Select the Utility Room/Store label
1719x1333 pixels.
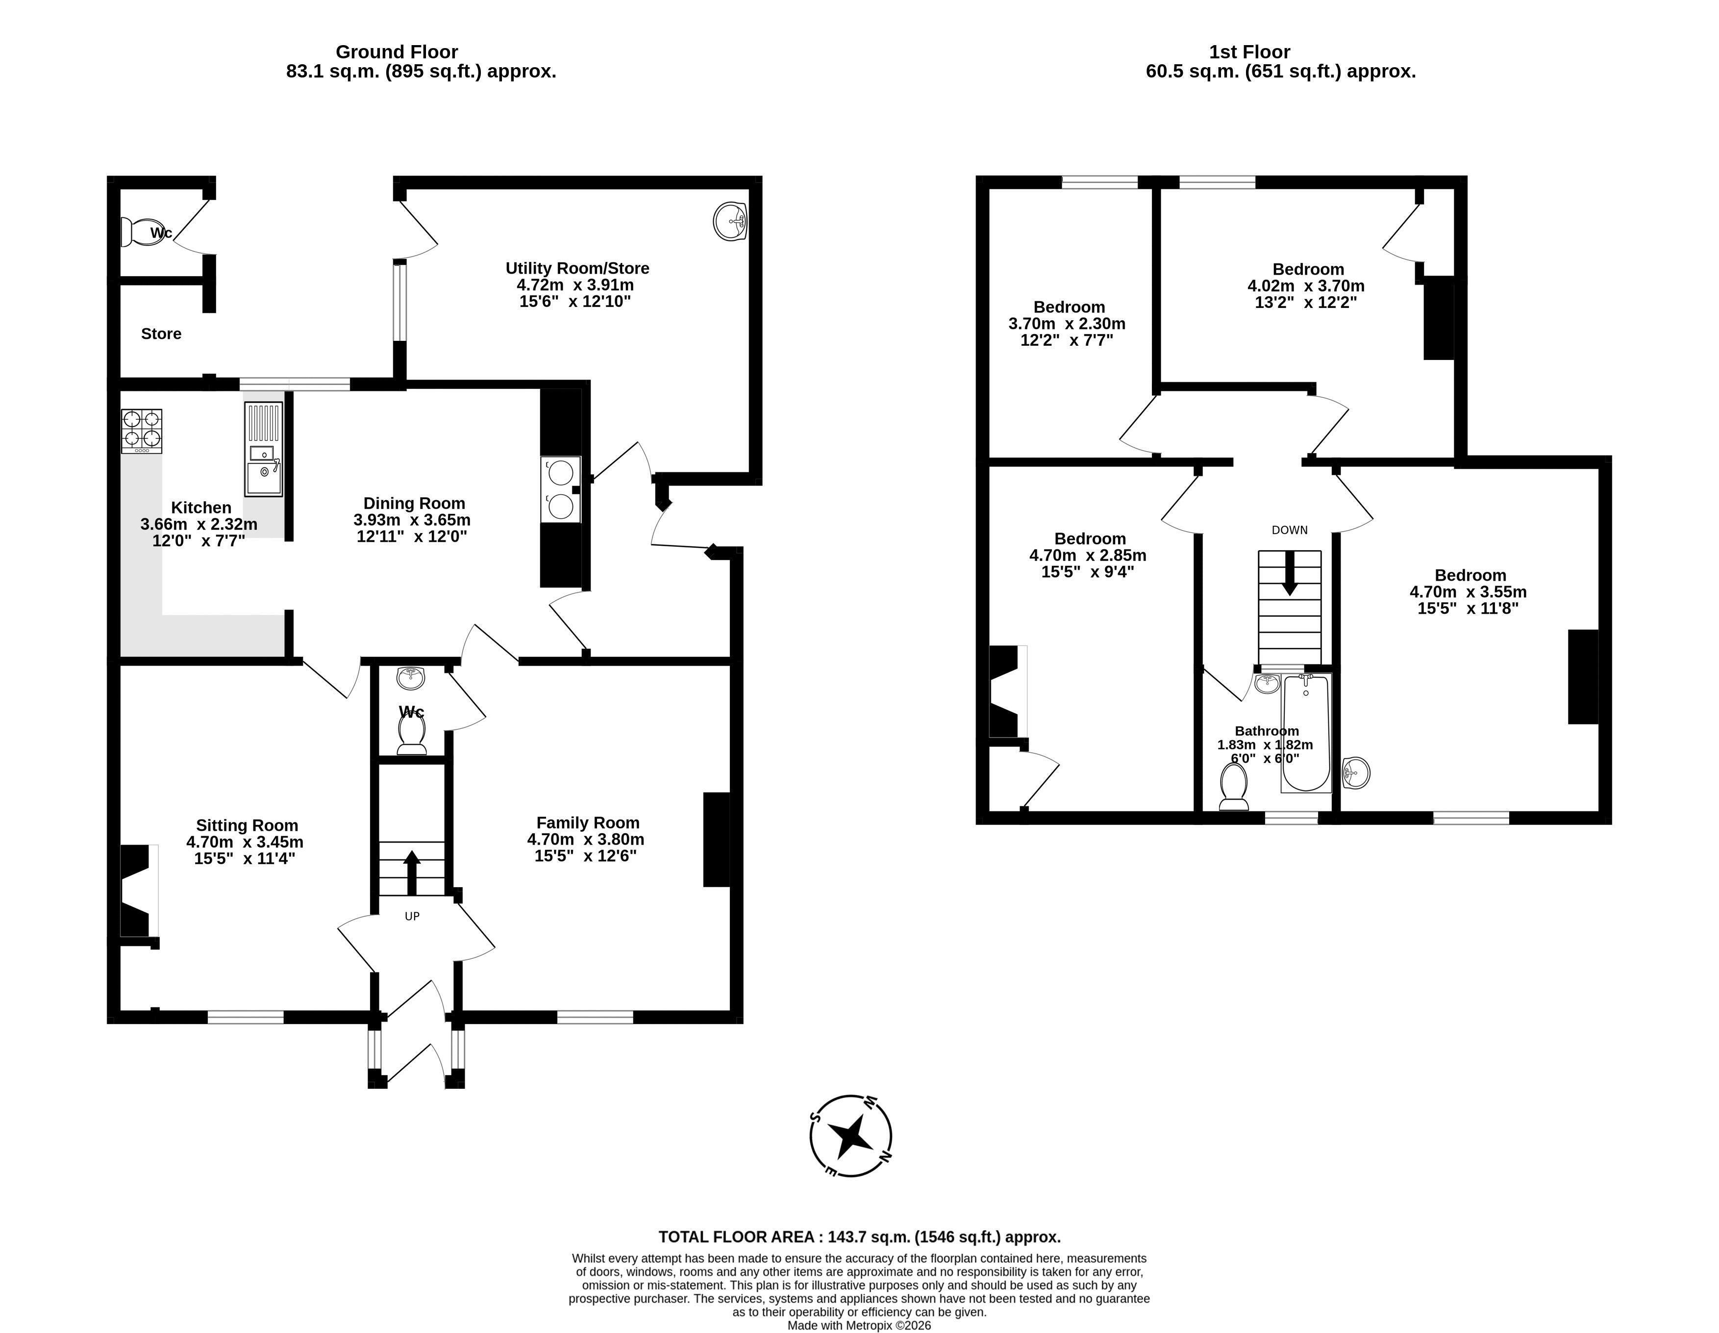pyautogui.click(x=577, y=268)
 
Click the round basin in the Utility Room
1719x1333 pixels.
pyautogui.click(x=730, y=221)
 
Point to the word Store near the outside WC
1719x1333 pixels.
pyautogui.click(x=161, y=334)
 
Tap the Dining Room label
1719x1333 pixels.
pyautogui.click(x=414, y=503)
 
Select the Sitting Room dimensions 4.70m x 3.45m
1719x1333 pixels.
pyautogui.click(x=245, y=842)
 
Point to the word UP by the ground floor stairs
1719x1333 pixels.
pyautogui.click(x=412, y=916)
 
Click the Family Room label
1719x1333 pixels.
pyautogui.click(x=588, y=823)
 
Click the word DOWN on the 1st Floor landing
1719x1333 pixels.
pyautogui.click(x=1290, y=530)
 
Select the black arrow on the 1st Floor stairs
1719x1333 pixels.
pyautogui.click(x=1289, y=572)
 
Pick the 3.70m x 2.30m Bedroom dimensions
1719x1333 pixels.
pyautogui.click(x=1067, y=324)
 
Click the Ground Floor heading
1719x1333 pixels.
pyautogui.click(x=397, y=52)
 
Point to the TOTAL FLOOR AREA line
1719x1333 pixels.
pyautogui.click(x=860, y=1237)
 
